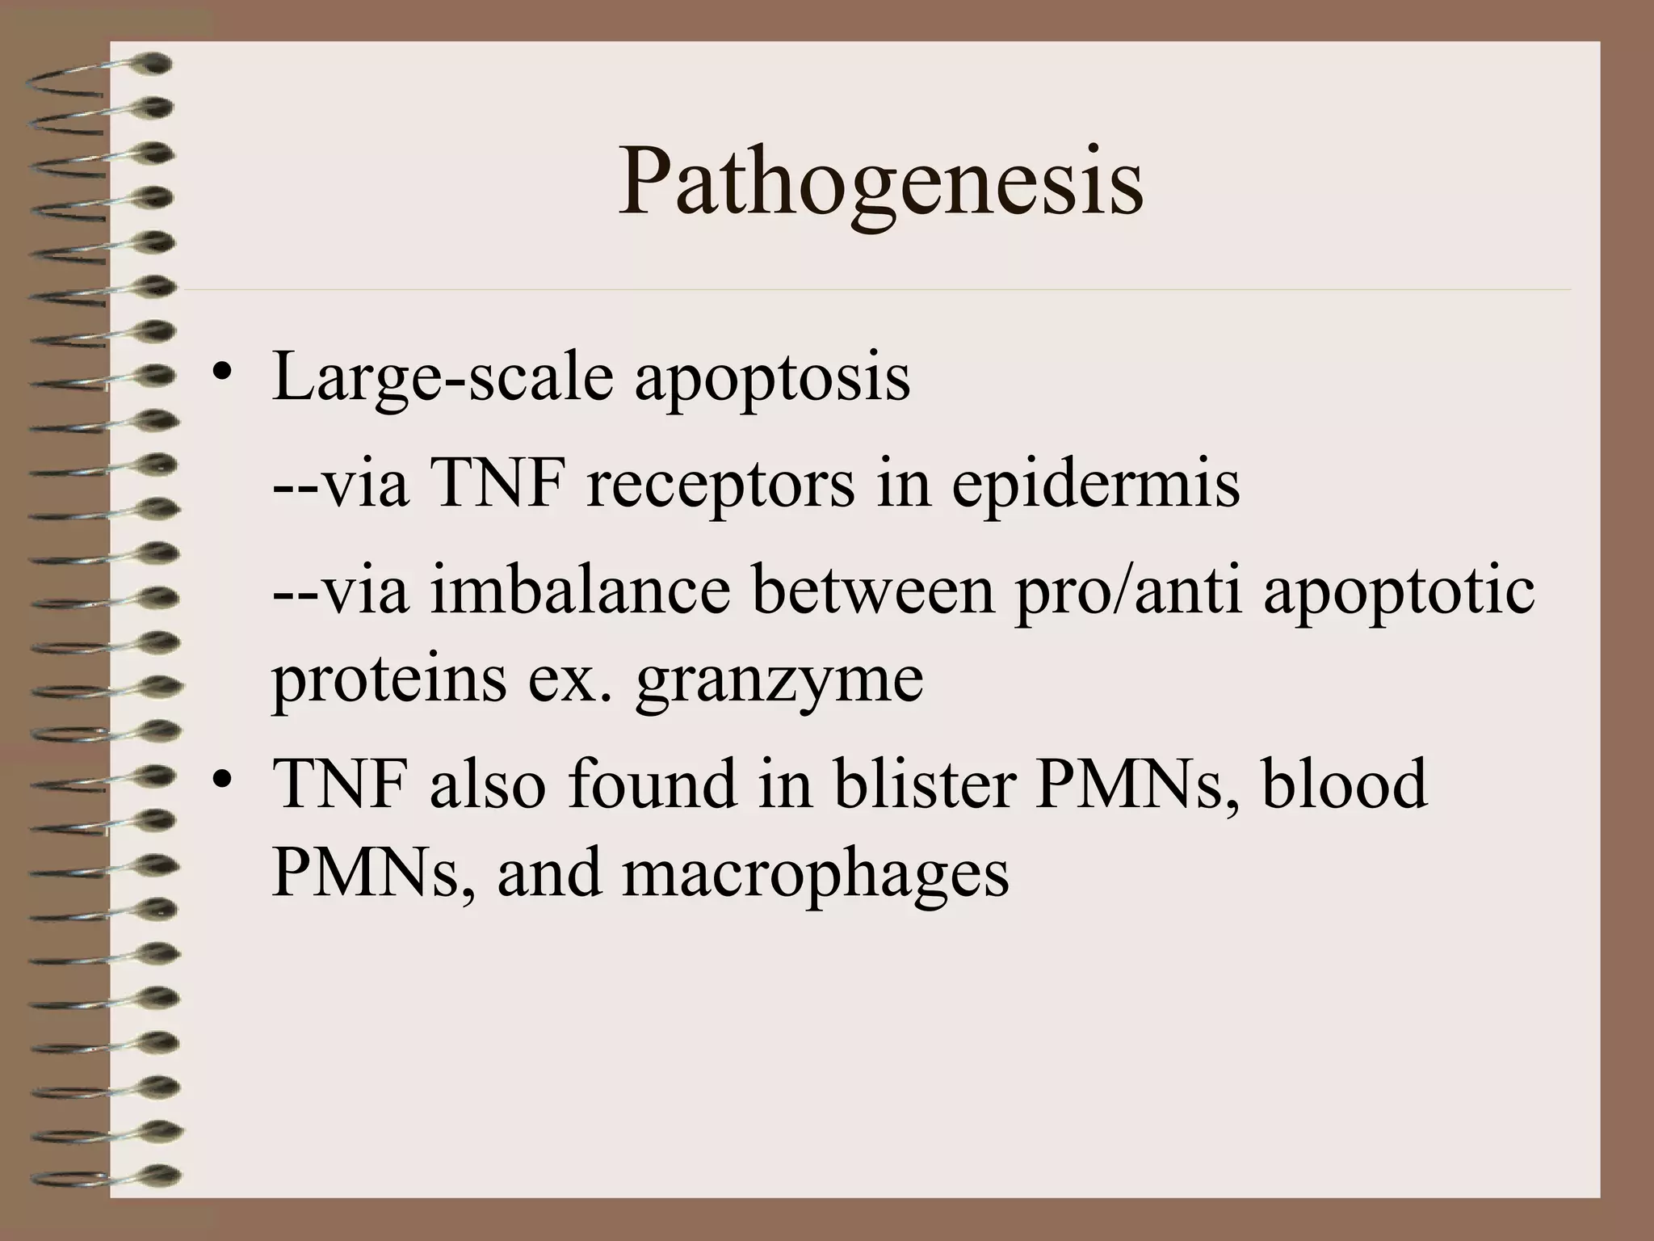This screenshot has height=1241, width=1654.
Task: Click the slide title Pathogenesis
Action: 880,184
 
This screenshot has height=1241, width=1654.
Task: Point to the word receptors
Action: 720,486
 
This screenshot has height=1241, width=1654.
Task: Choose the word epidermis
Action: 1095,488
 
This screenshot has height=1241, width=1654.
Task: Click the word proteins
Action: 388,679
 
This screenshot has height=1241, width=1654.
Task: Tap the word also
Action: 488,783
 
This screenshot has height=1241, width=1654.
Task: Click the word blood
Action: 1344,783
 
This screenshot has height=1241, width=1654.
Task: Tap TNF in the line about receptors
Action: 497,486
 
